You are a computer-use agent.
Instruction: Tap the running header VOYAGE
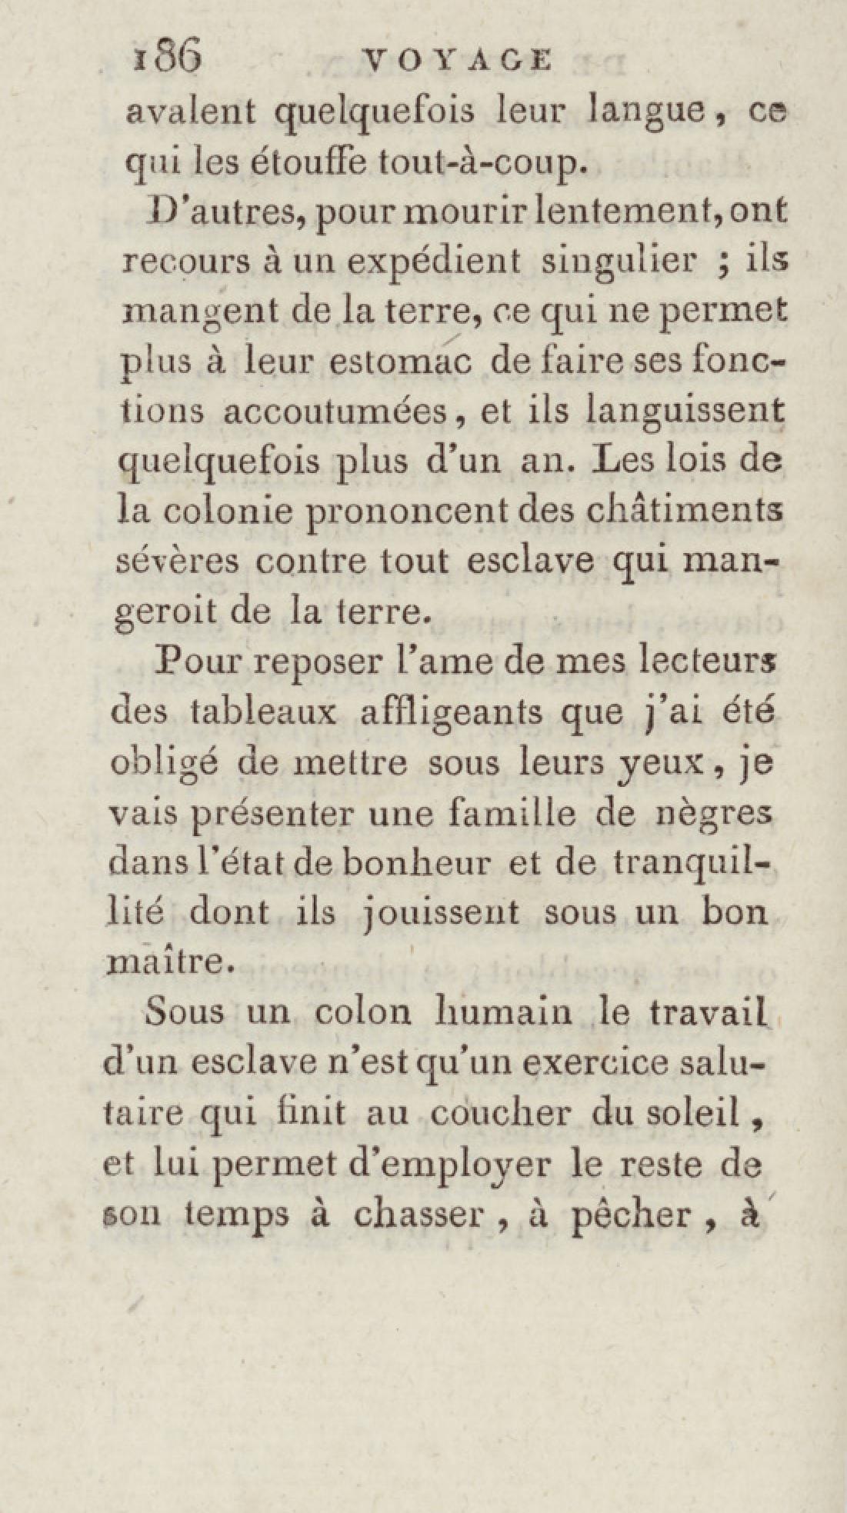click(x=459, y=60)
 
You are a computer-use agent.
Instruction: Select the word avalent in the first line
click(x=190, y=112)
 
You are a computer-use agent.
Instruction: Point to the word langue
click(x=644, y=112)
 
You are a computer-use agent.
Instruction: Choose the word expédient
click(x=433, y=262)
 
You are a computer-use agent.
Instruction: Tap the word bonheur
click(x=415, y=862)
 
